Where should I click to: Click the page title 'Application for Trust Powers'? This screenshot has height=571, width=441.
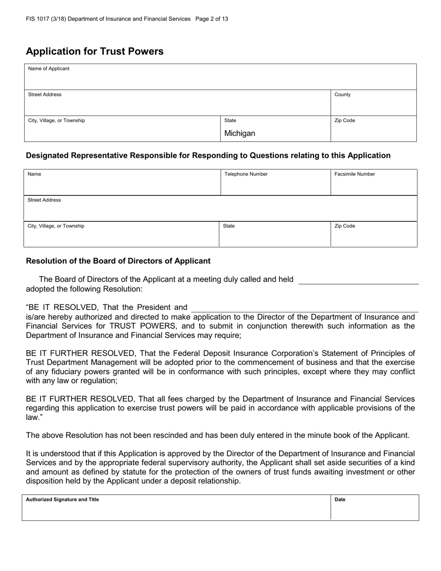[x=95, y=52]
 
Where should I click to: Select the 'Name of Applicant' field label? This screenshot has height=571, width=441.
[x=49, y=69]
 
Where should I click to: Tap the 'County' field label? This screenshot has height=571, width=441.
[x=343, y=95]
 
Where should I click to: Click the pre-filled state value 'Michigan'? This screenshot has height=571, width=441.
[x=240, y=134]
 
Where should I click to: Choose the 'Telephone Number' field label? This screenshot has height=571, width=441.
[x=246, y=175]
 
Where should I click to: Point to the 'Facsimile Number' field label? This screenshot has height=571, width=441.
[x=355, y=175]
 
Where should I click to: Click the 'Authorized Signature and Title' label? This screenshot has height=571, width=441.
[x=62, y=500]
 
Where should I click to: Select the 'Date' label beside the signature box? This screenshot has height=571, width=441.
[x=340, y=500]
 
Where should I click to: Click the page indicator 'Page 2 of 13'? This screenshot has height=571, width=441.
[x=212, y=19]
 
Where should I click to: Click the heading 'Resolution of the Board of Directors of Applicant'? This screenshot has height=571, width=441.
[x=118, y=261]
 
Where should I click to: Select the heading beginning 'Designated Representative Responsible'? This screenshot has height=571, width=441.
[x=208, y=156]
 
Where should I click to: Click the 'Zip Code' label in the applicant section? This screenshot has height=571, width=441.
[x=344, y=121]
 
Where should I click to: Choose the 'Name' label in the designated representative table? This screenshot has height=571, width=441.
[x=34, y=175]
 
